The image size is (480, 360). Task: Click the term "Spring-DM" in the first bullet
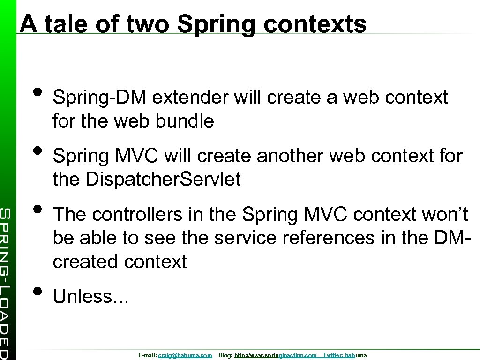coord(99,97)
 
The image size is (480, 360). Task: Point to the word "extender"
coord(190,97)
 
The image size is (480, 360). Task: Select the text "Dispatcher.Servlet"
coord(164,179)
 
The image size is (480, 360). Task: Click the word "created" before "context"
coord(86,261)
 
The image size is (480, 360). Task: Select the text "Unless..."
coord(90,296)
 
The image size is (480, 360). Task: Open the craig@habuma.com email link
coord(185,356)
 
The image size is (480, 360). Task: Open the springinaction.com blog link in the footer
coord(275,356)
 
